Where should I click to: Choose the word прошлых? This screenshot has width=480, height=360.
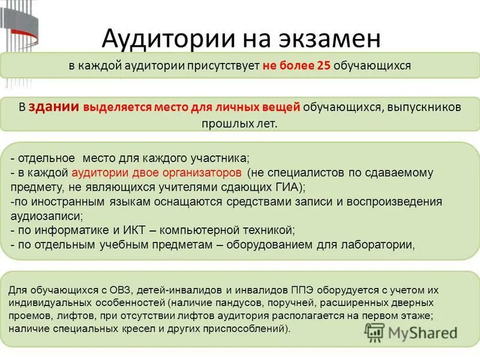click(223, 124)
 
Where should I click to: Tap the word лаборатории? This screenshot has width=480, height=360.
click(380, 244)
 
